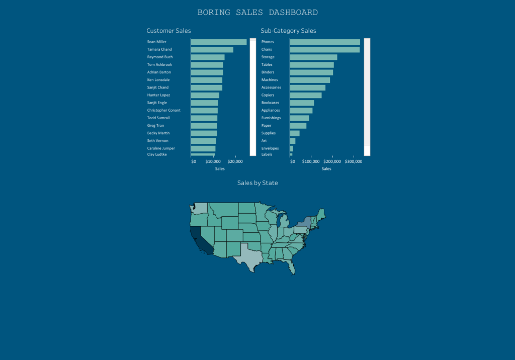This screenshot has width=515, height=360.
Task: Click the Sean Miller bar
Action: coord(218,42)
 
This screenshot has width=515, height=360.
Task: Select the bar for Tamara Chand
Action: coord(212,50)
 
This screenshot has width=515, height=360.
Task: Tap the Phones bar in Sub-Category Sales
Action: coord(324,42)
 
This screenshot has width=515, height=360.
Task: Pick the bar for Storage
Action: coord(313,57)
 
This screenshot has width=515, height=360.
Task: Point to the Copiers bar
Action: coord(305,95)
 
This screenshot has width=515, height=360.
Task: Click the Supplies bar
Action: coord(294,133)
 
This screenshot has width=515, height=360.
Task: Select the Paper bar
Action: coord(298,126)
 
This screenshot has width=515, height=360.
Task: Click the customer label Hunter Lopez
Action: coord(158,95)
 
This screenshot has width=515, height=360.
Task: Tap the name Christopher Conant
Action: coord(163,110)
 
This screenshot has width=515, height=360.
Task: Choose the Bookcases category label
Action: coord(270,103)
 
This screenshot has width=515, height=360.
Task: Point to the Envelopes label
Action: coord(270,148)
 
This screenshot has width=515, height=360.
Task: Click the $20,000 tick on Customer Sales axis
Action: coord(235,161)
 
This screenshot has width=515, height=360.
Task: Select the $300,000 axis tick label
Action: coord(354,161)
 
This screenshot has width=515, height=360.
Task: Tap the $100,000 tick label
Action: coord(311,161)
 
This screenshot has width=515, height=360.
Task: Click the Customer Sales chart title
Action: coord(168,31)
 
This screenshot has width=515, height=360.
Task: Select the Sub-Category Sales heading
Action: coord(288,31)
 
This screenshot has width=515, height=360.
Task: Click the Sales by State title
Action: coord(257,183)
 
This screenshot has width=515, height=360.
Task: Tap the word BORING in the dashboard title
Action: coord(214,13)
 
